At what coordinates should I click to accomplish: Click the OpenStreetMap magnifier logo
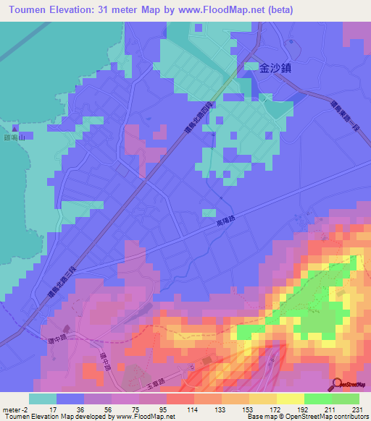(x=336, y=384)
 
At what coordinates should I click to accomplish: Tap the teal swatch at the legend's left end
(x=43, y=399)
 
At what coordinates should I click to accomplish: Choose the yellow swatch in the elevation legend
(x=291, y=399)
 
